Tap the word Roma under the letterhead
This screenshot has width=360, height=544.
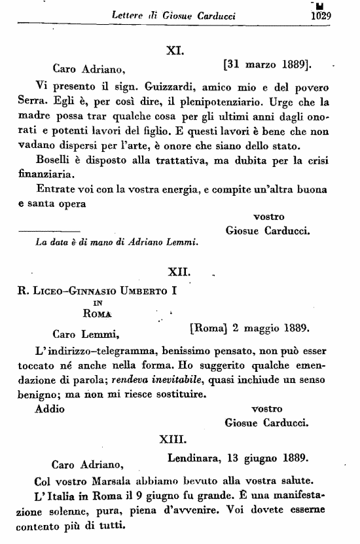tap(97, 314)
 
